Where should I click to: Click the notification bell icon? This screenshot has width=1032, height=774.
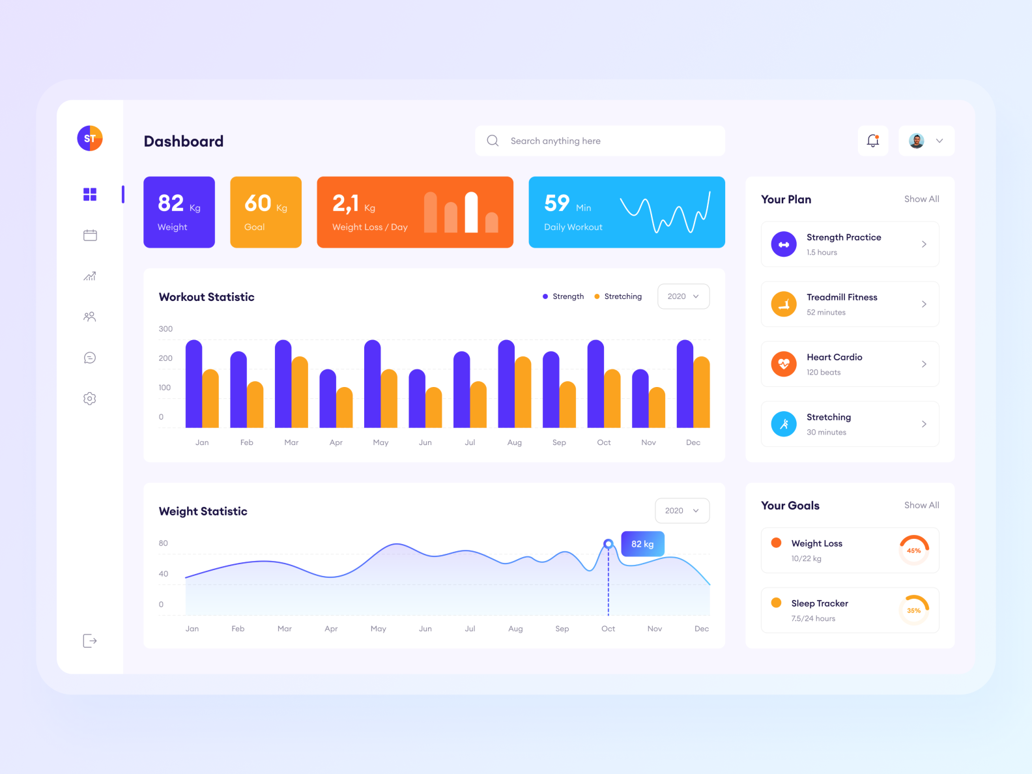pos(873,141)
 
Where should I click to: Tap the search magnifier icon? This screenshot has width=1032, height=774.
pos(493,141)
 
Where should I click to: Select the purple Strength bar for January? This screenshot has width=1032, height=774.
pos(193,384)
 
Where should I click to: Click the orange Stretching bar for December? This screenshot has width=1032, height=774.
pos(702,392)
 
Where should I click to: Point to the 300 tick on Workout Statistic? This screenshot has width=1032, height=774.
pos(165,329)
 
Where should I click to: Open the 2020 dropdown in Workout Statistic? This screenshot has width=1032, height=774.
pos(683,296)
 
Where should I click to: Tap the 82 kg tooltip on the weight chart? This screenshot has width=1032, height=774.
pos(642,544)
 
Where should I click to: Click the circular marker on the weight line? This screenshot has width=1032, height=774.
pos(609,543)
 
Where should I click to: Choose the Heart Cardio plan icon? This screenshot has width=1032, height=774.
pos(784,364)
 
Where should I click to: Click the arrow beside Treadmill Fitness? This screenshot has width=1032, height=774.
pos(924,304)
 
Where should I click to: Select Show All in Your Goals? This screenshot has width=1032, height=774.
pos(921,506)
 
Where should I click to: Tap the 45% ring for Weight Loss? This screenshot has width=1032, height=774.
pos(914,551)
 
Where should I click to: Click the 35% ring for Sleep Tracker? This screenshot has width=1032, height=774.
pos(914,610)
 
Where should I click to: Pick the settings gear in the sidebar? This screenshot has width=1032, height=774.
pos(90,399)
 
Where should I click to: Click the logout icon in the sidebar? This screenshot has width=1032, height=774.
pos(90,641)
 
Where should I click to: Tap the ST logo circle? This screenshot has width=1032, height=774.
pos(90,138)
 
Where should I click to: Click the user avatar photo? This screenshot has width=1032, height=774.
pos(917,141)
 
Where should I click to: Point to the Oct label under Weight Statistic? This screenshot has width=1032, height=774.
pos(608,629)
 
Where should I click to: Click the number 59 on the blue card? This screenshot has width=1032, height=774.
pos(557,203)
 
